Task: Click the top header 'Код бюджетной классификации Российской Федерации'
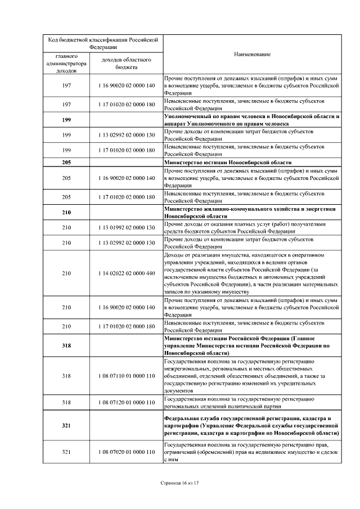pos(102,43)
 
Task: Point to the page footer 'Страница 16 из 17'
pos(180,483)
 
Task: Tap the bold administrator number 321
pos(66,426)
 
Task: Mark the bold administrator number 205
pos(66,163)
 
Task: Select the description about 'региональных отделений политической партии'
pos(239,403)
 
